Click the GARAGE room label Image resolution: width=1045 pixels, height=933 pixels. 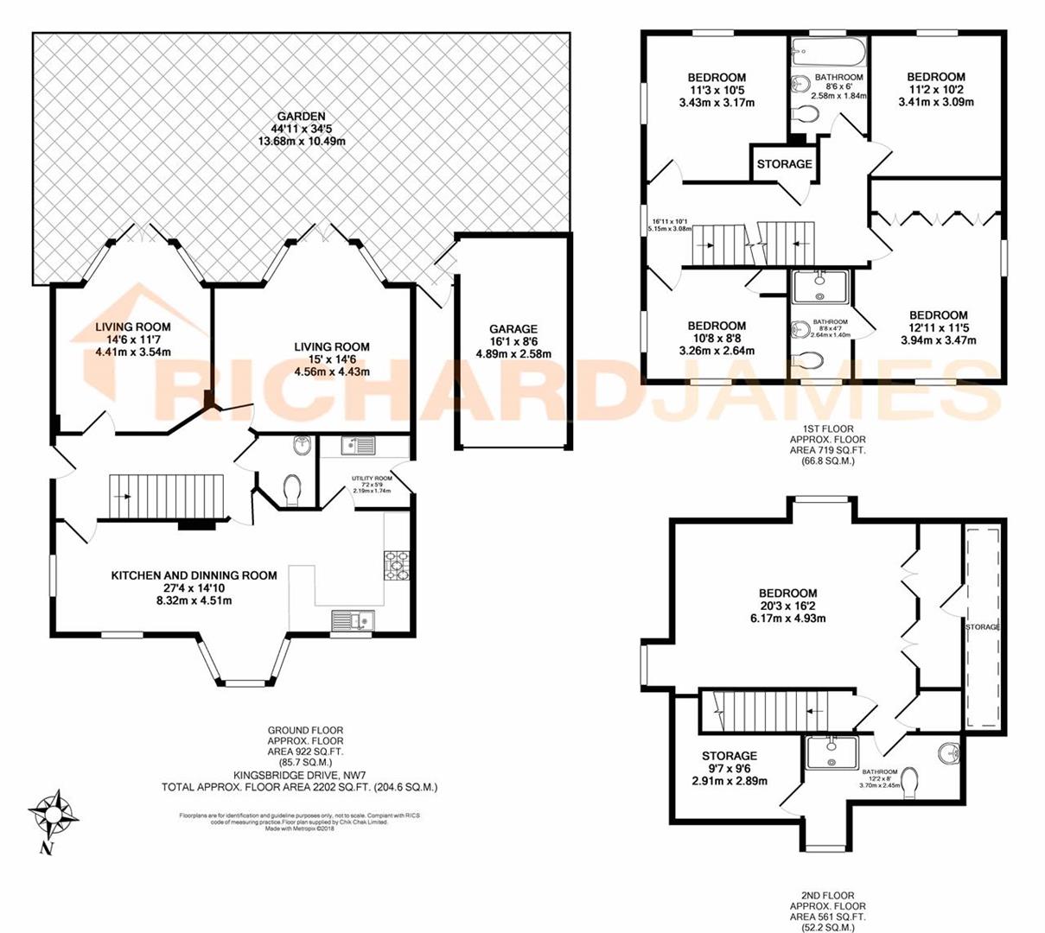(513, 329)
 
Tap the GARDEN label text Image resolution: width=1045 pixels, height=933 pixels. (301, 117)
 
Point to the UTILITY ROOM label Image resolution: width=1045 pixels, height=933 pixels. (372, 478)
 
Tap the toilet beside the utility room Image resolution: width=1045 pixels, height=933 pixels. (292, 489)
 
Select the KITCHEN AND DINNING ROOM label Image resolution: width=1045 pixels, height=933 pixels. (194, 575)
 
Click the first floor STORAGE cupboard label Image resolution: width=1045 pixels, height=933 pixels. (784, 164)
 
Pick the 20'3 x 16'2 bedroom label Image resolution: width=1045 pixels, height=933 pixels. (787, 593)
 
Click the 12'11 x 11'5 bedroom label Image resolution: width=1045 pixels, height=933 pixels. (938, 315)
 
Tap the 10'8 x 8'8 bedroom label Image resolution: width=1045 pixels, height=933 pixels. (717, 326)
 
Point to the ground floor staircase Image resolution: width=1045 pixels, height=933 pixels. (164, 497)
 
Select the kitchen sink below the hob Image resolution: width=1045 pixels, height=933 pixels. (352, 621)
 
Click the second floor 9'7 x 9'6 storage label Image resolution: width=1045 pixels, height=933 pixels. (729, 756)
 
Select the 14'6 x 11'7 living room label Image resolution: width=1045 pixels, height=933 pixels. (132, 327)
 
